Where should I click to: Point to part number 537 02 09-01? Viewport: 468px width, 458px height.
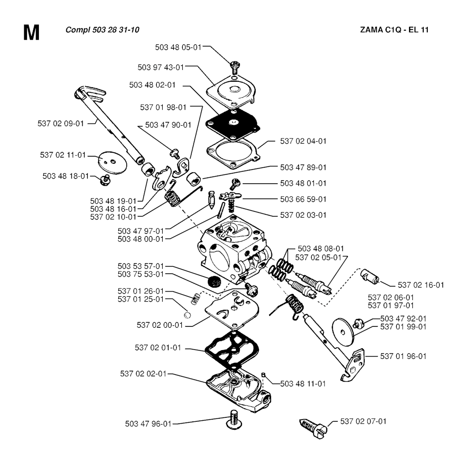(x=61, y=123)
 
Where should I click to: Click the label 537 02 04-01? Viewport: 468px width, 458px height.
(x=303, y=141)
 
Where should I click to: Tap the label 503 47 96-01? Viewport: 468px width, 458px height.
(x=148, y=424)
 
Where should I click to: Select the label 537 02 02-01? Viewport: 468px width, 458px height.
(x=143, y=373)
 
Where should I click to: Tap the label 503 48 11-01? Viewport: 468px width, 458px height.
(x=303, y=383)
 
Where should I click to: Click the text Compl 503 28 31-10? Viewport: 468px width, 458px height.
(x=102, y=30)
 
